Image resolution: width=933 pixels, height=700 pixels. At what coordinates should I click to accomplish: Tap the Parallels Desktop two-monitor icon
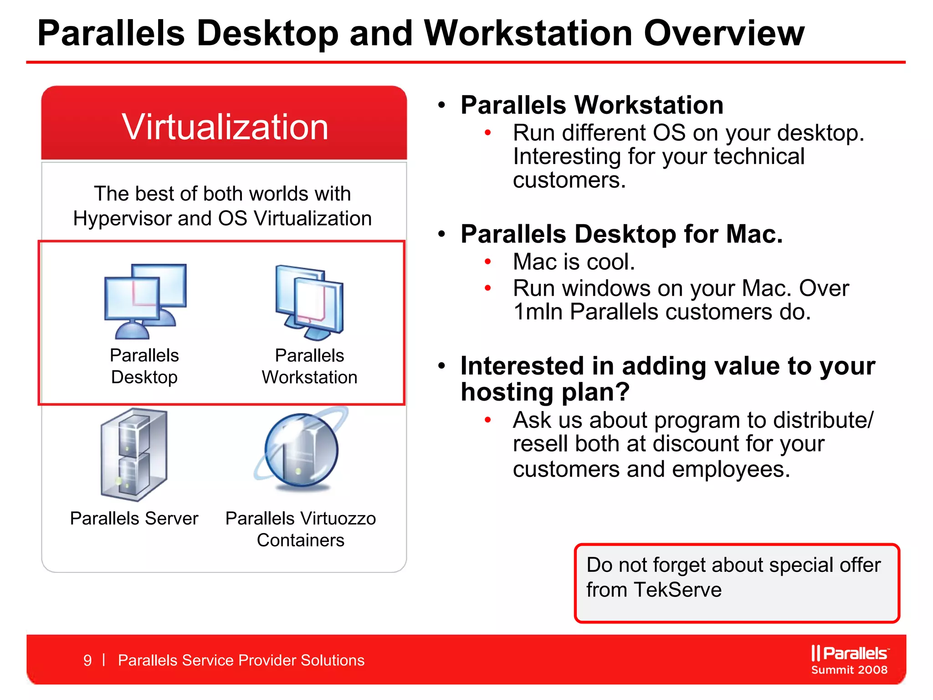(145, 301)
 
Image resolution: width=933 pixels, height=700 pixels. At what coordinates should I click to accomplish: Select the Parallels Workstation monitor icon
(309, 302)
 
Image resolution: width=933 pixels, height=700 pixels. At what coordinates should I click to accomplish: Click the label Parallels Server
(134, 519)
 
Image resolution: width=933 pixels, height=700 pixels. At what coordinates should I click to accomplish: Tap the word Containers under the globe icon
(301, 540)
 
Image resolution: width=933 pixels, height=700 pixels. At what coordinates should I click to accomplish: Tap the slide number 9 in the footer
(87, 660)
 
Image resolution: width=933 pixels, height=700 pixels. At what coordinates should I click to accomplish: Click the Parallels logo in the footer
(849, 653)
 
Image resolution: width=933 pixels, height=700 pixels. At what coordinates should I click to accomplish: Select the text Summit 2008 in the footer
(849, 670)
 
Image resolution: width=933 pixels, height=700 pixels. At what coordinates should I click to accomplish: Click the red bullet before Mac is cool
(487, 262)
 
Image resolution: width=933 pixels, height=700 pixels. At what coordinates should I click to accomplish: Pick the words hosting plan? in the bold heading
(545, 392)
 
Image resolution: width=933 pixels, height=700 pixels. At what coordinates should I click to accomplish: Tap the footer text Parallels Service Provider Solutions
(241, 660)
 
